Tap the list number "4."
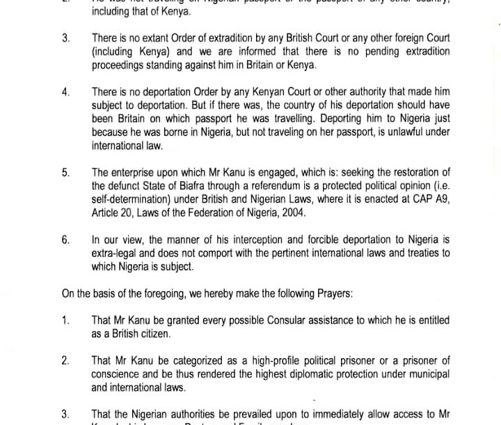[65, 92]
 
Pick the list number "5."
[65, 173]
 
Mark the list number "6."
[65, 240]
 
